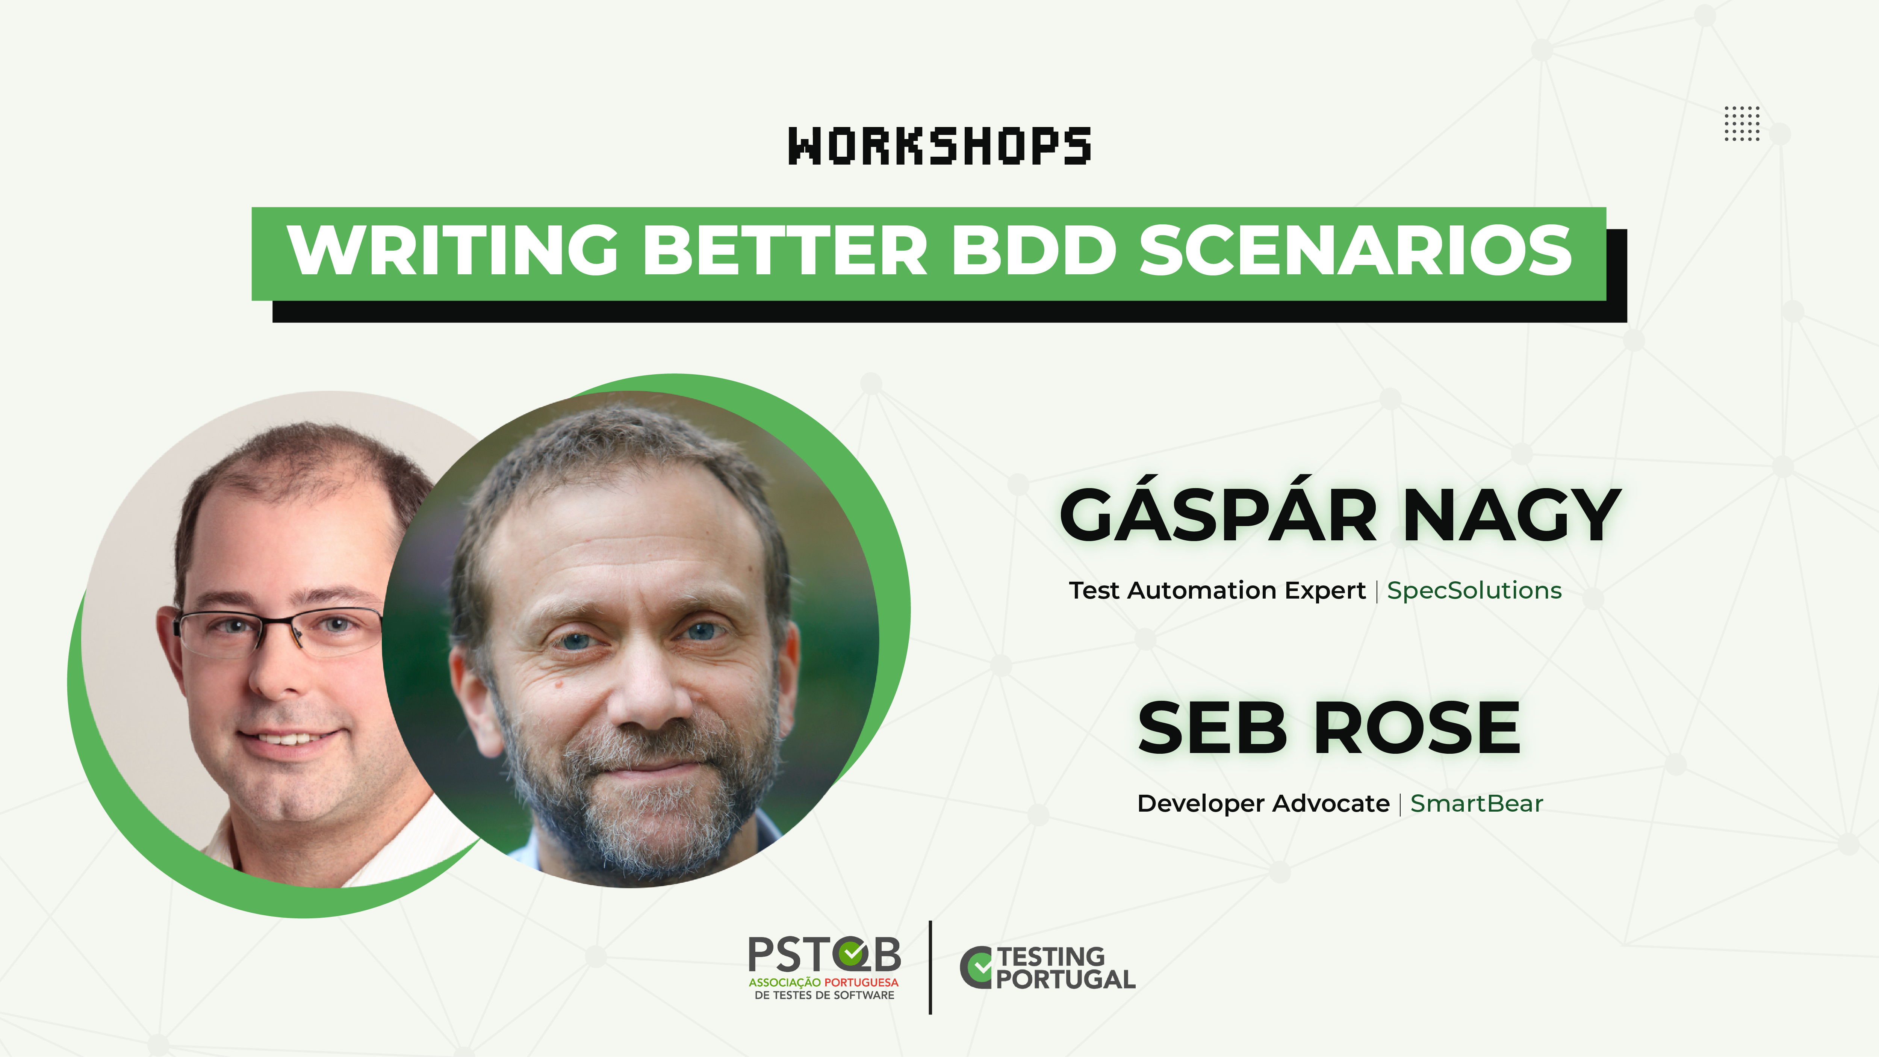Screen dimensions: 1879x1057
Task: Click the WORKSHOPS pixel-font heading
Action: coord(940,146)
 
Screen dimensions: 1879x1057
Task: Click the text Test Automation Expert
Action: coord(1217,591)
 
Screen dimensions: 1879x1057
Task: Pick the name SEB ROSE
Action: coord(1329,727)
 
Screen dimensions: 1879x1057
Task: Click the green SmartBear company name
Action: coord(1477,803)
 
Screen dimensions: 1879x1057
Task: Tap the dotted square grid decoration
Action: coord(1742,123)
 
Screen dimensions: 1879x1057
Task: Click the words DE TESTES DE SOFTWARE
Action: coord(824,995)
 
